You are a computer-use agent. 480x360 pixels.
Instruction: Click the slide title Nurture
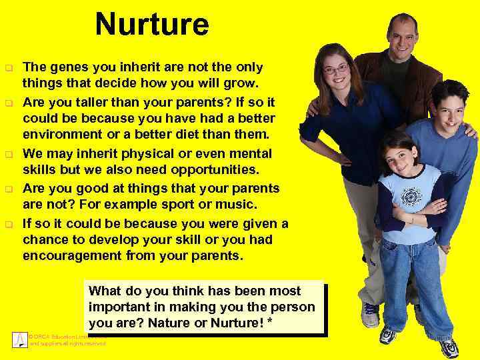(x=152, y=25)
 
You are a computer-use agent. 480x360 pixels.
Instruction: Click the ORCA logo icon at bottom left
(x=19, y=339)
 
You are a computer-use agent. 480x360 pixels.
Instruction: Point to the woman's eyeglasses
(x=335, y=69)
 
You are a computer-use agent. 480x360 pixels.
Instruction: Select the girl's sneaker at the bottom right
(x=449, y=347)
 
